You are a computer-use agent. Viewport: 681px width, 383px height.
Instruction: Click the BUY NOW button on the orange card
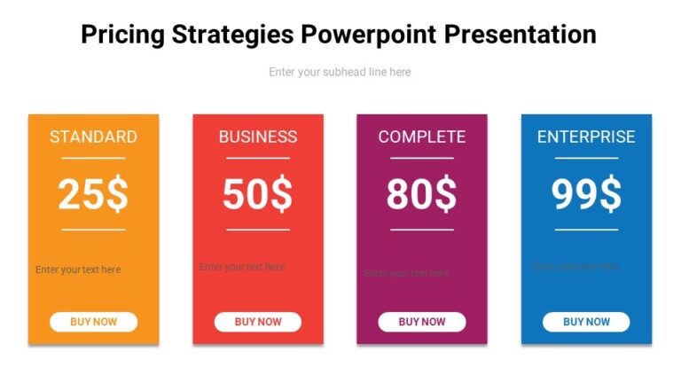pyautogui.click(x=93, y=322)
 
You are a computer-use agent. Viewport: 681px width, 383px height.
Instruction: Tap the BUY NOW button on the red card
pyautogui.click(x=257, y=322)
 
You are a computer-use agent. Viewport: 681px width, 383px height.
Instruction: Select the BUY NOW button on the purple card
pyautogui.click(x=422, y=322)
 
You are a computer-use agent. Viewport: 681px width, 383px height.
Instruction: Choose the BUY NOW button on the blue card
pyautogui.click(x=586, y=322)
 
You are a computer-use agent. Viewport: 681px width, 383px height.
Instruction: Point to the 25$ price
pyautogui.click(x=93, y=194)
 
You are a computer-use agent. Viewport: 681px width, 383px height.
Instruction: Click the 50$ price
pyautogui.click(x=257, y=194)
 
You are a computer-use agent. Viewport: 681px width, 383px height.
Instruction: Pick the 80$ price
pyautogui.click(x=422, y=194)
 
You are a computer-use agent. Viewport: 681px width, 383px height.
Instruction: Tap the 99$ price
pyautogui.click(x=586, y=194)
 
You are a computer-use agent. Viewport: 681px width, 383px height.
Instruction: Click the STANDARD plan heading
pyautogui.click(x=93, y=137)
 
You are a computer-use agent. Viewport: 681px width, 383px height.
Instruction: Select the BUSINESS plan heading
pyautogui.click(x=257, y=137)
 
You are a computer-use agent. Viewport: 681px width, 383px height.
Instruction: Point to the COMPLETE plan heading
pyautogui.click(x=422, y=137)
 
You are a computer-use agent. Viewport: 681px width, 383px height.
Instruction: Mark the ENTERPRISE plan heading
pyautogui.click(x=586, y=137)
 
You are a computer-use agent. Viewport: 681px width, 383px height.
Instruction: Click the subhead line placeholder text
pyautogui.click(x=340, y=72)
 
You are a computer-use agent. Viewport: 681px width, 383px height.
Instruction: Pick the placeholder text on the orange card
pyautogui.click(x=78, y=270)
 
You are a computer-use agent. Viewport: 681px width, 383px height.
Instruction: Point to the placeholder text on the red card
pyautogui.click(x=241, y=266)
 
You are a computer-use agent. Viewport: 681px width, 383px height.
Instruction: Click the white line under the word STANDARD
pyautogui.click(x=93, y=158)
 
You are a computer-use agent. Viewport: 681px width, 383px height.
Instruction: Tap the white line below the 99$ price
pyautogui.click(x=586, y=230)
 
